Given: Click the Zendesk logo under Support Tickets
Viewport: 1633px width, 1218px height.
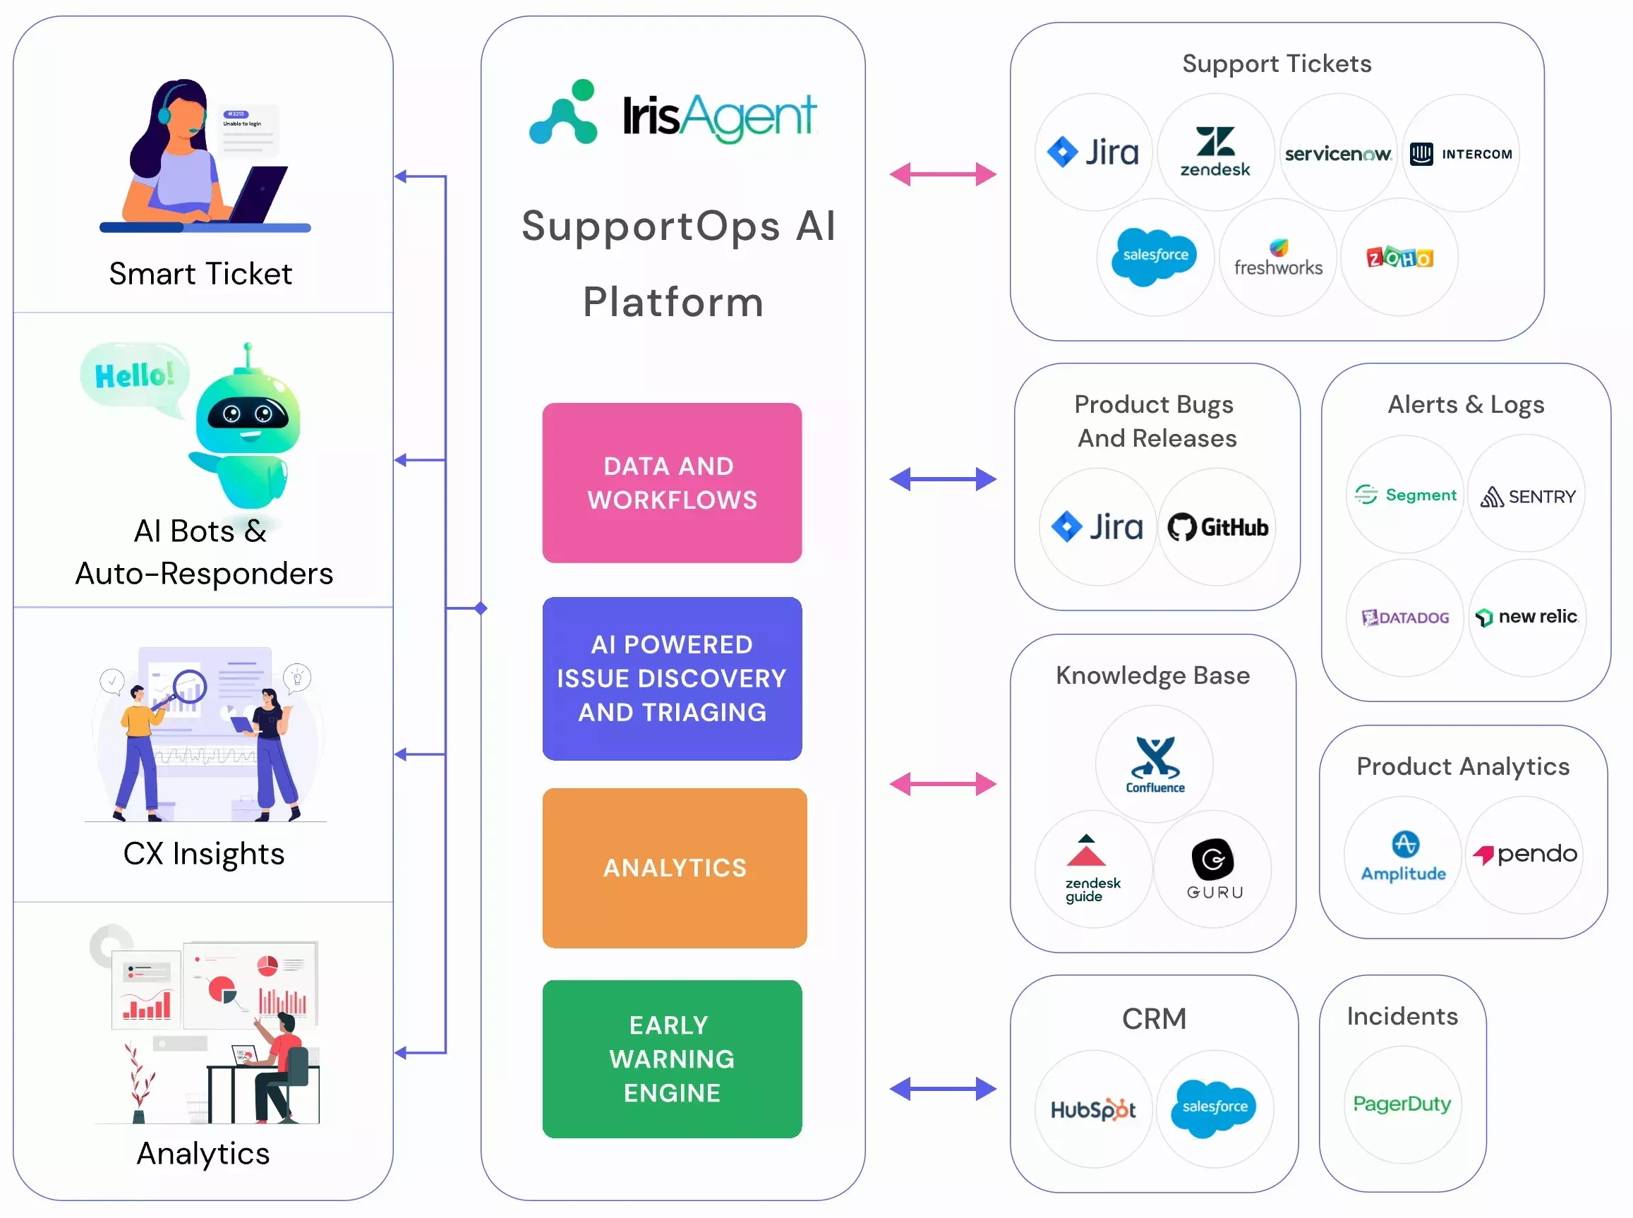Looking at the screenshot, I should click(1215, 152).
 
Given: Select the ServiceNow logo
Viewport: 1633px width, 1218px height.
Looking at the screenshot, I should click(1337, 153).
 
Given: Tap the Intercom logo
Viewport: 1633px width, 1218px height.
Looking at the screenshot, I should click(1461, 153).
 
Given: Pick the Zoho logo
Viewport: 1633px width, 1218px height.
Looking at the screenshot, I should click(1399, 258).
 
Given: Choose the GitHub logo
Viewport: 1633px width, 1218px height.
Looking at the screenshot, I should click(1217, 527).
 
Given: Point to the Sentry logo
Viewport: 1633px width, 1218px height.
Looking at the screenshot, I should click(1527, 496).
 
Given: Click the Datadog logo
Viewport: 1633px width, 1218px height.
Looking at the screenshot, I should click(1405, 617).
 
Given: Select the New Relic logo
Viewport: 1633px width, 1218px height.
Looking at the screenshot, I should click(1527, 616).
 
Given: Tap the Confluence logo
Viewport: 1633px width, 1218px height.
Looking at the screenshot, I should click(1155, 764).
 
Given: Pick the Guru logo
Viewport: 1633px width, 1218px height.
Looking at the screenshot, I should click(1214, 869).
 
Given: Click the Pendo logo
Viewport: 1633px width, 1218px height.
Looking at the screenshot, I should click(1524, 854).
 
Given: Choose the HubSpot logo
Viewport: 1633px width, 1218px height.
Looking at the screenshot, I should click(1093, 1108).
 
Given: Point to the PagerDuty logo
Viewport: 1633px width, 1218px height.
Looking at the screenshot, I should click(1402, 1104).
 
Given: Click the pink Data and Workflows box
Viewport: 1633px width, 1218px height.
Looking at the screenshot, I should click(672, 483).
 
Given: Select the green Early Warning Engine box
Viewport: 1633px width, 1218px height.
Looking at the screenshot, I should click(672, 1059).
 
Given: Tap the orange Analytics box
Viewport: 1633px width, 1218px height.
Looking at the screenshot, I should click(674, 868).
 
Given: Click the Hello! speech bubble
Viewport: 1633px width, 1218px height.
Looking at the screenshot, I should click(135, 375).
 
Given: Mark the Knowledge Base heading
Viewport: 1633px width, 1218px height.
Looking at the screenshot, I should click(1152, 675).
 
